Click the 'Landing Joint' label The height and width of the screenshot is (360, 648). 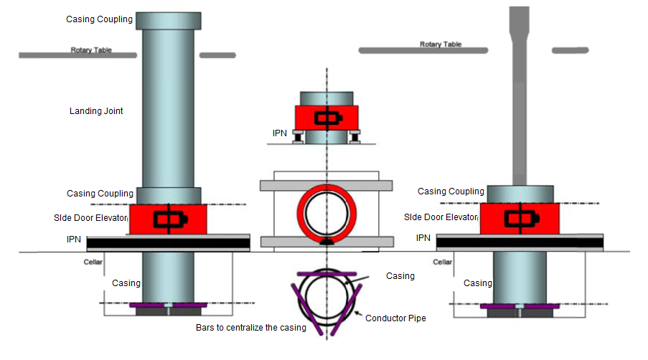point(96,111)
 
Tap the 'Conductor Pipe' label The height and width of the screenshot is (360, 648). point(395,318)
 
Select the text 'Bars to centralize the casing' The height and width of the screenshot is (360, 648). point(250,328)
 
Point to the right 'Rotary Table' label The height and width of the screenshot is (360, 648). point(440,44)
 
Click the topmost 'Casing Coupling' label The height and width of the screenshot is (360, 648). point(99,19)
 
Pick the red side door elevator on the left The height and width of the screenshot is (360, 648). point(168,219)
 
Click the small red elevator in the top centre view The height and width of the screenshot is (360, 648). point(327,118)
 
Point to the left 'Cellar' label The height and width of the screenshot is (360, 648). point(93,262)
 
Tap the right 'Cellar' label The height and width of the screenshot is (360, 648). point(442,262)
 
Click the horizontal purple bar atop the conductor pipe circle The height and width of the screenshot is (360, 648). point(327,273)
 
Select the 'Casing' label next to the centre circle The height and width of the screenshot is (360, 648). point(400,276)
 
